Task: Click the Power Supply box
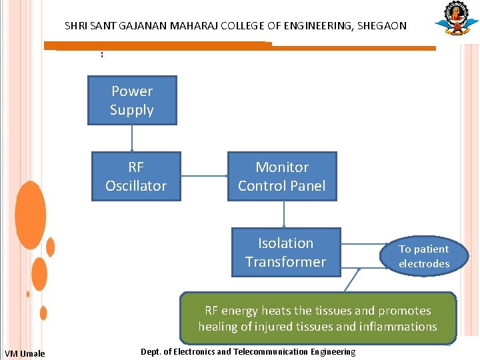(x=132, y=101)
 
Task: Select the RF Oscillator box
(x=136, y=177)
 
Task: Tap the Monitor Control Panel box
(x=282, y=177)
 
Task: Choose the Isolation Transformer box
(x=286, y=253)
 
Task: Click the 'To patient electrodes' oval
(x=424, y=257)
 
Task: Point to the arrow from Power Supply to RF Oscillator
(x=132, y=139)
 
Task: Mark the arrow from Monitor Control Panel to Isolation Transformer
(x=285, y=214)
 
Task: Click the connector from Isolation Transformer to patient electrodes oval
(x=360, y=253)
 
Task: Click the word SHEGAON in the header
(x=381, y=26)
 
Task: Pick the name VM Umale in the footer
(x=25, y=353)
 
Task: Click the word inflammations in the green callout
(x=400, y=327)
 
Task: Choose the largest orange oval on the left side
(x=31, y=215)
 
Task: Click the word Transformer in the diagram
(x=285, y=262)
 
